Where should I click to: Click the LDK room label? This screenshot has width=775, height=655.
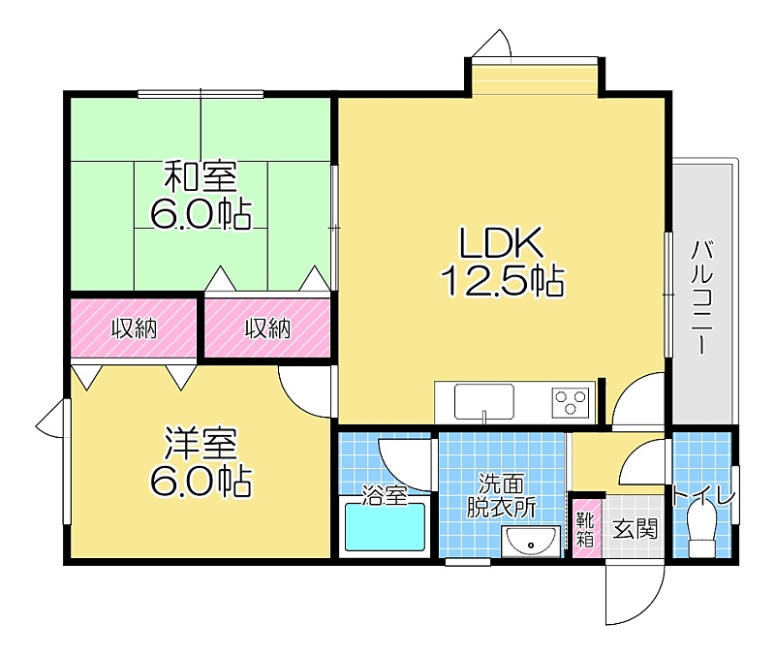[x=502, y=242]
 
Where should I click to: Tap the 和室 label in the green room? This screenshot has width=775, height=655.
[x=201, y=176]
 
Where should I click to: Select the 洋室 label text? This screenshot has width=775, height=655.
[x=201, y=443]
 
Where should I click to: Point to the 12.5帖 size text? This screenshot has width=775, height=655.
[x=503, y=281]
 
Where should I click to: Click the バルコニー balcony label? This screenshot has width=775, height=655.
[x=701, y=296]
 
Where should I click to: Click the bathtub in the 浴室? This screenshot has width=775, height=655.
[x=385, y=526]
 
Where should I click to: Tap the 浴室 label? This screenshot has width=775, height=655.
[x=385, y=495]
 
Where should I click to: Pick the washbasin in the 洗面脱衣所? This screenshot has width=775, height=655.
[x=531, y=542]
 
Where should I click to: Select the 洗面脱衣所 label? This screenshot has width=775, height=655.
[x=501, y=495]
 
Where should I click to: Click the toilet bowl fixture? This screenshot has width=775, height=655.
[x=701, y=525]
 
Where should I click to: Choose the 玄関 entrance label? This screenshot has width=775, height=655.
[x=635, y=529]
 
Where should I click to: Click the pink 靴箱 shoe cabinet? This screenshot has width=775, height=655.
[x=586, y=529]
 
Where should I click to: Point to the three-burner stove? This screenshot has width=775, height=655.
[x=571, y=401]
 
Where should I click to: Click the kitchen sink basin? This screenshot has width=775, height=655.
[x=483, y=401]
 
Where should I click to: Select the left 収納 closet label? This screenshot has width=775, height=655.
[x=134, y=328]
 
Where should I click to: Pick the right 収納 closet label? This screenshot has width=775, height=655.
[x=268, y=328]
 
